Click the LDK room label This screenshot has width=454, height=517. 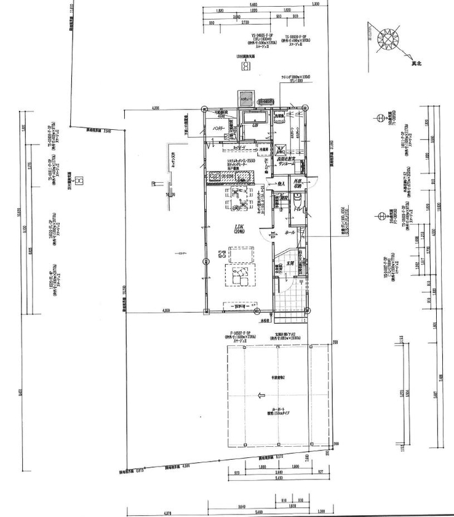[x=239, y=228]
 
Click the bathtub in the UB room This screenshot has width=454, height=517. [x=253, y=118]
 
